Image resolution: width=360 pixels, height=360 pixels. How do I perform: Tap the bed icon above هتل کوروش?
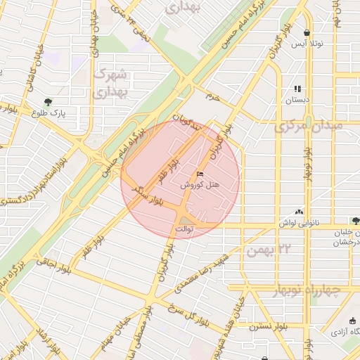pos(200,174)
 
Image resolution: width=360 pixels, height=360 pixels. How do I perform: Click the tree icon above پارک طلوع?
pos(49,102)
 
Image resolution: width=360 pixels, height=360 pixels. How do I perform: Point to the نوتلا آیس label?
pos(308,44)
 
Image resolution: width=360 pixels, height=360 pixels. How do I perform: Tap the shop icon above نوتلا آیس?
pos(307,33)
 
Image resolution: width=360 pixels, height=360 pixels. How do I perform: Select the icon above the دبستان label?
pos(297,89)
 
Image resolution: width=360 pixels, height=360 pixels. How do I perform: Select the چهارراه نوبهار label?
pos(304,290)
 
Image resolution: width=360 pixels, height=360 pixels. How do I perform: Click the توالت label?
pos(183,229)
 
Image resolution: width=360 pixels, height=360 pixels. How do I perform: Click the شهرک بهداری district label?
pos(112,82)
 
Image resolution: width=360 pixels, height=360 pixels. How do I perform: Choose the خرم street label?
pos(212,97)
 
